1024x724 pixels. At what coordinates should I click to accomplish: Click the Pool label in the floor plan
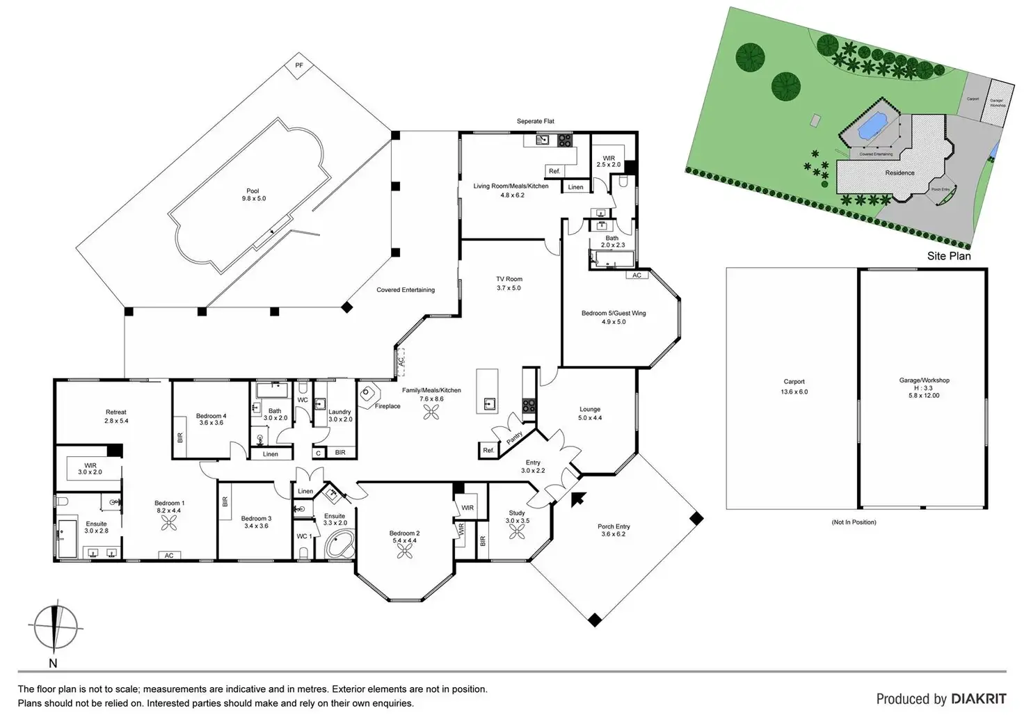(x=253, y=191)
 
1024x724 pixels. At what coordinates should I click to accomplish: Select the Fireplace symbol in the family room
(x=367, y=394)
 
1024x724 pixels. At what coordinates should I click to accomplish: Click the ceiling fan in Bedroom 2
(x=404, y=551)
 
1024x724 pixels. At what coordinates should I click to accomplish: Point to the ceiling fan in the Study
(x=517, y=531)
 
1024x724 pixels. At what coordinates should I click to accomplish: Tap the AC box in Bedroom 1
(x=169, y=556)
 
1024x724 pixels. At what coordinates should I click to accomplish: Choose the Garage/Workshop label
(x=924, y=380)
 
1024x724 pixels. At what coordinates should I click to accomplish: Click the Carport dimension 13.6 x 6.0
(x=794, y=392)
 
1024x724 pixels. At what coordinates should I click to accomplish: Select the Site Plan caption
(x=948, y=256)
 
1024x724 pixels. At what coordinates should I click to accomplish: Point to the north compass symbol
(x=54, y=626)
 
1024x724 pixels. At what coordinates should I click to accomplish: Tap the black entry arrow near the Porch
(x=577, y=499)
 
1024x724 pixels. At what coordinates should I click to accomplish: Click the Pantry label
(x=514, y=437)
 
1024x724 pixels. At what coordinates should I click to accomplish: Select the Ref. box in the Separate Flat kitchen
(x=554, y=171)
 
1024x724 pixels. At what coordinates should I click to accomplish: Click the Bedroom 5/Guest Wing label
(x=614, y=313)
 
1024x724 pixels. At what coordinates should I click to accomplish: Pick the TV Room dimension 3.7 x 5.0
(x=509, y=288)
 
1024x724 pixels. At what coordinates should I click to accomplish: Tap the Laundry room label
(x=339, y=412)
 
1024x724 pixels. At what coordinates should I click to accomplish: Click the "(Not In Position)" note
(x=854, y=522)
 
